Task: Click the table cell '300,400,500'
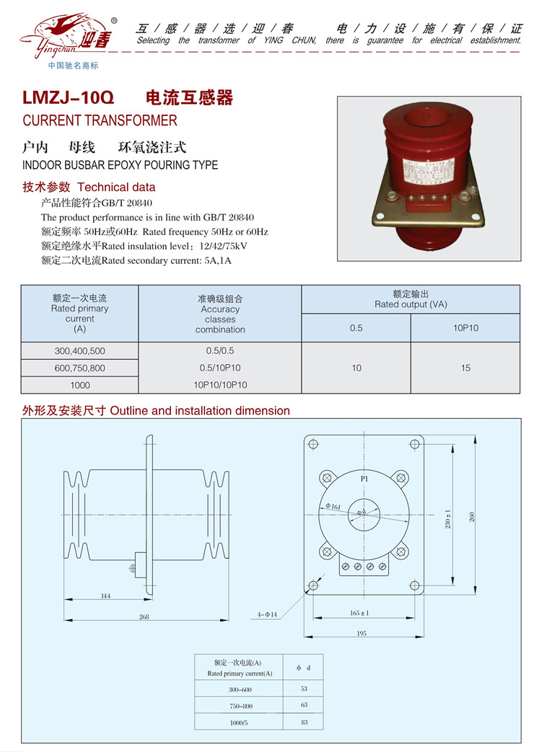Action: coord(79,350)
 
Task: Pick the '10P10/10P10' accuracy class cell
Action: coord(220,385)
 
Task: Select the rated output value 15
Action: coord(465,368)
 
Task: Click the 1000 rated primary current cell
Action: coord(79,385)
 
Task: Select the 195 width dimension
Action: coord(362,633)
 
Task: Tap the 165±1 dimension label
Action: coord(359,612)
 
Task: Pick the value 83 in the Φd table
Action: coord(304,722)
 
